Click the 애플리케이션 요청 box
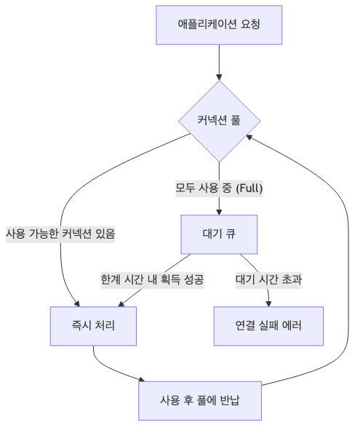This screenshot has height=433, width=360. [x=219, y=25]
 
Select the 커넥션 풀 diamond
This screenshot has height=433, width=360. [x=219, y=121]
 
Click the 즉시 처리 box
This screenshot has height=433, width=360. [x=93, y=326]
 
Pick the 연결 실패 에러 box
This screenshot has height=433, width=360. [x=268, y=326]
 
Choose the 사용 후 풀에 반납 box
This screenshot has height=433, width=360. [x=200, y=400]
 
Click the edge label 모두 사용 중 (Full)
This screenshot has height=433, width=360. [x=219, y=188]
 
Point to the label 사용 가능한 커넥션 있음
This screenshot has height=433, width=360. [x=60, y=234]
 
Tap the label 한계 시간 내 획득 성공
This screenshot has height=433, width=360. [x=153, y=279]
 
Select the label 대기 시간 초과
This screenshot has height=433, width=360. [x=268, y=279]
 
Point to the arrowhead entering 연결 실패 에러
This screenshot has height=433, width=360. [x=268, y=303]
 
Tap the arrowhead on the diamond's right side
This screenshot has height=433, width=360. [x=249, y=137]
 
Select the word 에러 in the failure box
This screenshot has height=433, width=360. [x=292, y=326]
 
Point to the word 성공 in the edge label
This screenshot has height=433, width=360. [x=193, y=279]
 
